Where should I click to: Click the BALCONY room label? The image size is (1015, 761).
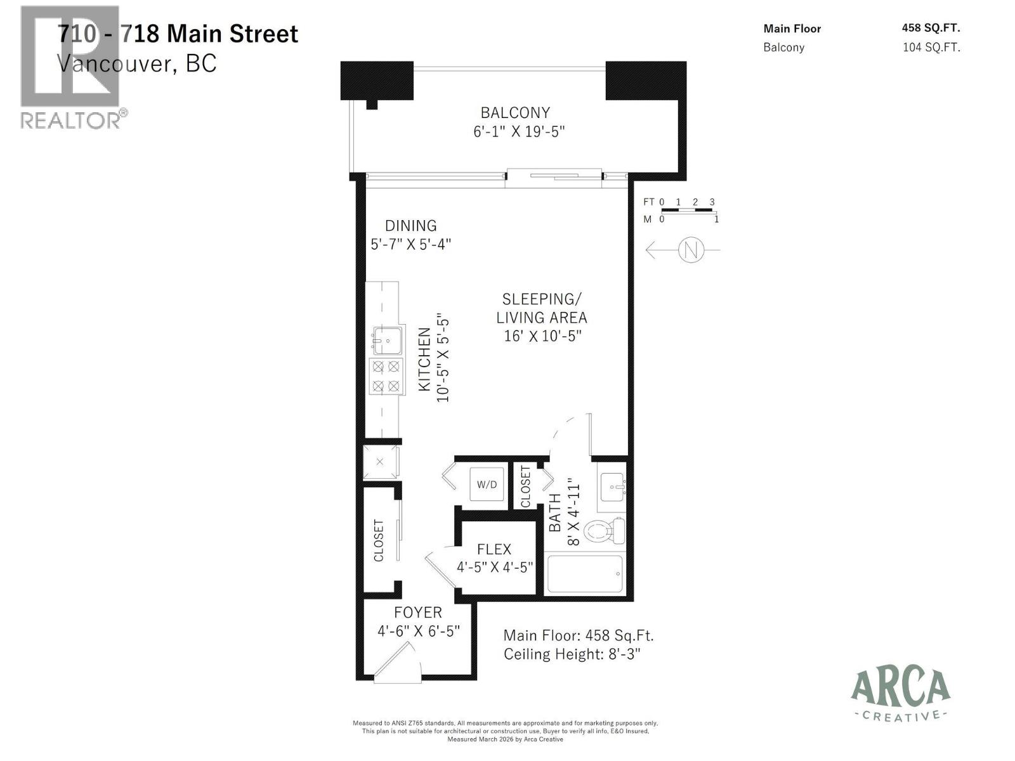coord(515,113)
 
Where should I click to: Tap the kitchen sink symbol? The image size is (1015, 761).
coord(387,341)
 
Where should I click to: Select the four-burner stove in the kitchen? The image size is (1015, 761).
coord(386,376)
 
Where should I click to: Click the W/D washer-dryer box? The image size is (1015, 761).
coord(487,485)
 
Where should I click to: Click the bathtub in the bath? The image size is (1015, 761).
coord(584,575)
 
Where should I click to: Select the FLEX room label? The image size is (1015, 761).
coord(494,549)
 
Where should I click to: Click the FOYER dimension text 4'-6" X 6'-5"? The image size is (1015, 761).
coord(418,631)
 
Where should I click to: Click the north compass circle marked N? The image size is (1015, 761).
coord(691,250)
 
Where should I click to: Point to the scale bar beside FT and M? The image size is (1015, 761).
coord(688,210)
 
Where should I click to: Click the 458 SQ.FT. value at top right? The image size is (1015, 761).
coord(931,28)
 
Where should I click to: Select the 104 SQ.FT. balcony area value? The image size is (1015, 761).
coord(931,47)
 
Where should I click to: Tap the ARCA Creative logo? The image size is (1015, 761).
coord(900,695)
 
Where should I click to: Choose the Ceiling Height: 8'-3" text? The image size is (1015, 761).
coord(572,654)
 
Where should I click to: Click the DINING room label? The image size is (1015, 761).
coord(410,226)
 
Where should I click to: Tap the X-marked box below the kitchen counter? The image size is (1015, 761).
coord(380,462)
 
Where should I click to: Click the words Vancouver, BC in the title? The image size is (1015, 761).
coord(137,63)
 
